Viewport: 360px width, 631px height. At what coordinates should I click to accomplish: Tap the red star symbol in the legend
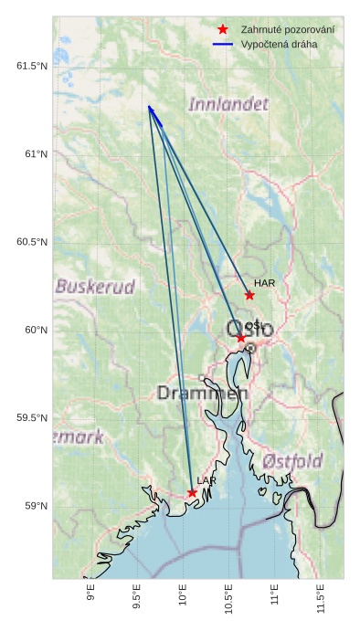click(x=223, y=30)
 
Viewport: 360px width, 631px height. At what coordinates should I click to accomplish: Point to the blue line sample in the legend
click(x=223, y=44)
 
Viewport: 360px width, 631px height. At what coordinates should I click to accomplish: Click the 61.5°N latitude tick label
click(x=31, y=66)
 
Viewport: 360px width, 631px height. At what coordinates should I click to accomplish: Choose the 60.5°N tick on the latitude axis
click(x=31, y=242)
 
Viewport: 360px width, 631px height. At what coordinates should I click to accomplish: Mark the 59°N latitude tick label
click(x=35, y=507)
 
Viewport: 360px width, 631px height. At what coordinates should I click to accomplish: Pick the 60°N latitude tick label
click(x=35, y=331)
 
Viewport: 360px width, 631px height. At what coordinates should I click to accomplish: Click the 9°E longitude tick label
click(x=90, y=594)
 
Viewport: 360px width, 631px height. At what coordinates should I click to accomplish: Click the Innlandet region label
click(x=228, y=104)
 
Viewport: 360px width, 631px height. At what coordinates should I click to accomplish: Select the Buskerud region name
click(x=95, y=286)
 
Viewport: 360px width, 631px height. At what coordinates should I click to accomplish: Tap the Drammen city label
click(x=202, y=394)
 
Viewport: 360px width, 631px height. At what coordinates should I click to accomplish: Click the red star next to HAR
click(x=249, y=295)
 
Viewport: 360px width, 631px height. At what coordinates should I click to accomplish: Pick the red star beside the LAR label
click(x=192, y=493)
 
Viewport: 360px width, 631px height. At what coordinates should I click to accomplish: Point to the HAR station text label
click(x=265, y=284)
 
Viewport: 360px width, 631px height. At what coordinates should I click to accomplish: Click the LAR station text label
click(x=206, y=481)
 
